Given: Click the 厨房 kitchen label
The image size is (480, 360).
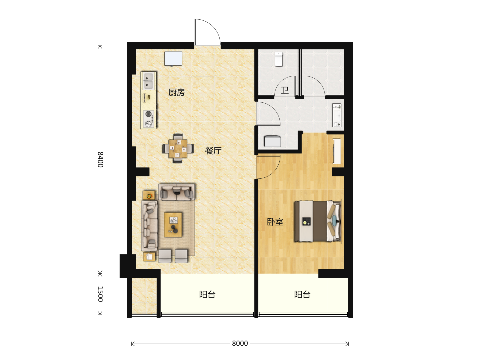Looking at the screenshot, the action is (176, 92).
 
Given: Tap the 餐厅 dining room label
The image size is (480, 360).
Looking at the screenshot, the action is (213, 151).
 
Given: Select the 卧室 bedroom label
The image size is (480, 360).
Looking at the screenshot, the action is (275, 222).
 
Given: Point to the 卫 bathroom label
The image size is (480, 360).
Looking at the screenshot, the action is (285, 90).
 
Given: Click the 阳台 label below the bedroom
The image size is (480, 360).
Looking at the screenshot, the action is (302, 295).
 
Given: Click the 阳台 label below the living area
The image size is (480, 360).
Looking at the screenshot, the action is (207, 295).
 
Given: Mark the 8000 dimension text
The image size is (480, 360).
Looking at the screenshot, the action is (240, 343).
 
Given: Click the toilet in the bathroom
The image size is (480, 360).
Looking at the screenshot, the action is (279, 59).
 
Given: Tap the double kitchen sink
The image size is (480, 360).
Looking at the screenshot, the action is (148, 81).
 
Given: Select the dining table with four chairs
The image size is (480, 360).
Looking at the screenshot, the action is (178, 149).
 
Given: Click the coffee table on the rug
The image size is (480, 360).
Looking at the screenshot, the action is (173, 224).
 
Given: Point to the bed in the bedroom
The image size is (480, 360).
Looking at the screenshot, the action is (318, 221).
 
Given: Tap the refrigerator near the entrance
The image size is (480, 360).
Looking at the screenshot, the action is (173, 58).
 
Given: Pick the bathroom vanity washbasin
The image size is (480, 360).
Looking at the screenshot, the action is (337, 115).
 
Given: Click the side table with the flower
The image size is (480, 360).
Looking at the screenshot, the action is (149, 195).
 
